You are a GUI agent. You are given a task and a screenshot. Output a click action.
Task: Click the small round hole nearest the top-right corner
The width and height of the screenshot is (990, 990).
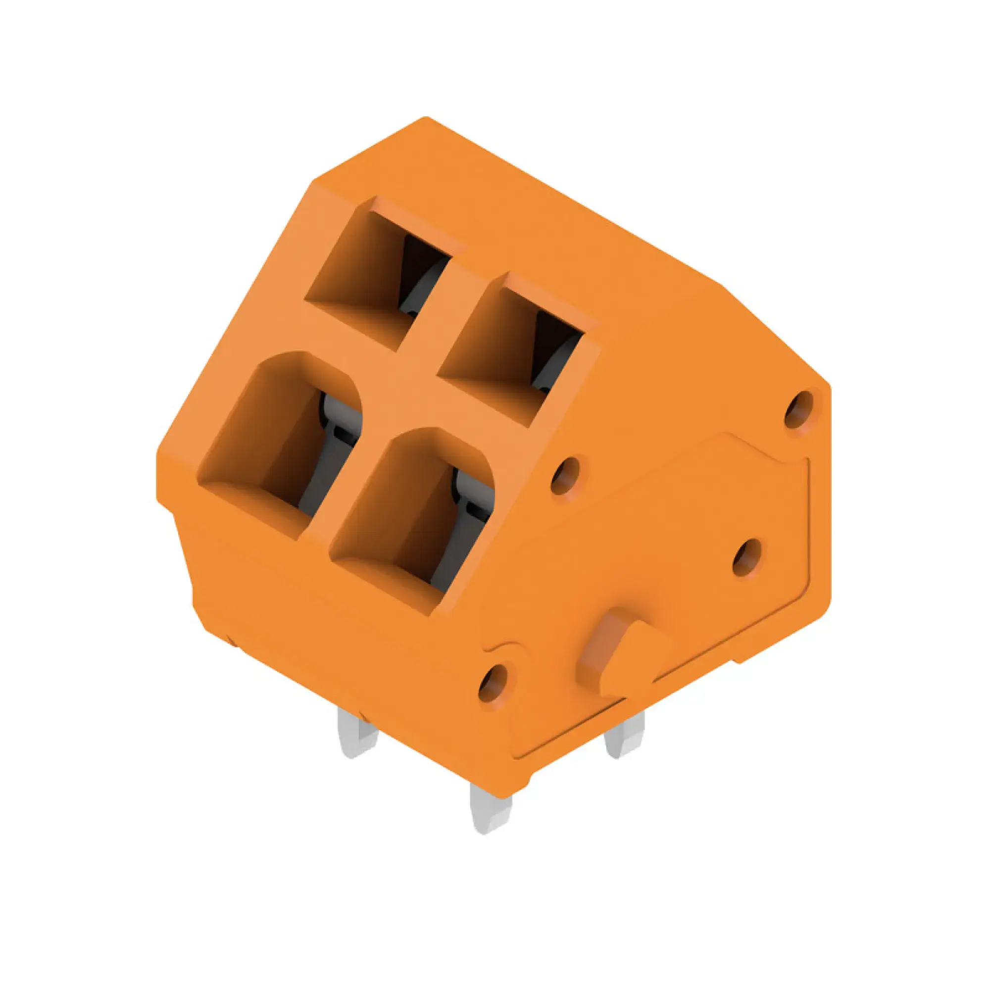coord(799,408)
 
